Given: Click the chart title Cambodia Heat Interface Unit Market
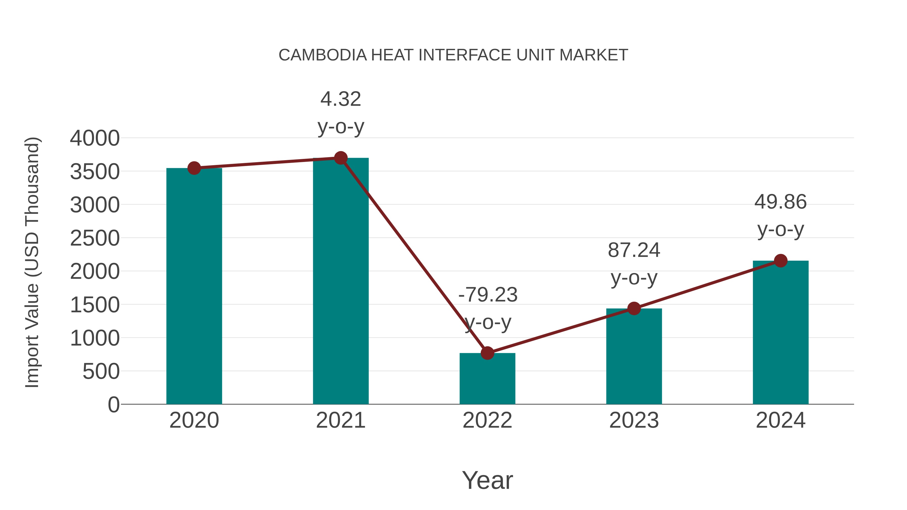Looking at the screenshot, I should (x=453, y=55).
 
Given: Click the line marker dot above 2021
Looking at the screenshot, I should (x=340, y=158).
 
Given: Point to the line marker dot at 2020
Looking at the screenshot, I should (x=194, y=168).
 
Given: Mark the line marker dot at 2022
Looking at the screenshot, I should (x=487, y=353).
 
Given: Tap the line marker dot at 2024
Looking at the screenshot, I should (x=781, y=261).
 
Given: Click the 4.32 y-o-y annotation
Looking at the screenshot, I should (x=340, y=112).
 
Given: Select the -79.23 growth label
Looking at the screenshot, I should (x=488, y=308).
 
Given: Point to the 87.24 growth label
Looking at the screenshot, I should (x=634, y=264).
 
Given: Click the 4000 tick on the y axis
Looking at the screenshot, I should (x=95, y=138).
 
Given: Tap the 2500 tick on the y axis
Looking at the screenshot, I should (x=95, y=238).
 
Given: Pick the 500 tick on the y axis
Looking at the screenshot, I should (x=101, y=371).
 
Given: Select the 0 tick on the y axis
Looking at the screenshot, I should (x=114, y=405).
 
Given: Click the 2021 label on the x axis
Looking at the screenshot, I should (x=340, y=420).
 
